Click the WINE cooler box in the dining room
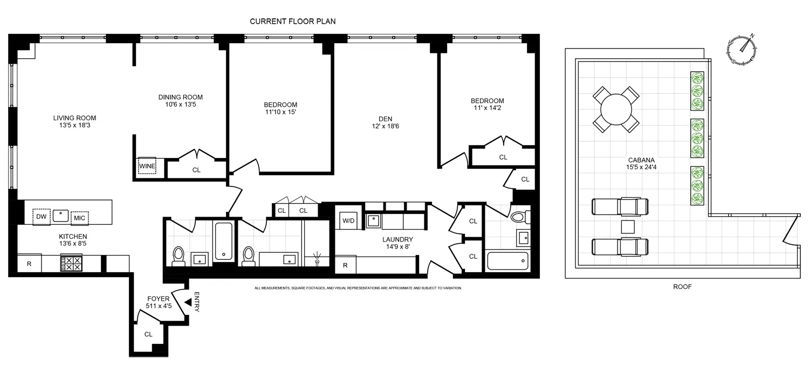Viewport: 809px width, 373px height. [147, 166]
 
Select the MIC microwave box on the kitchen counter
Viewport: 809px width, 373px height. [79, 218]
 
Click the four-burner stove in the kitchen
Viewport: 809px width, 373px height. [71, 263]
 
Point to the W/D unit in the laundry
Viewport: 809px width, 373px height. [346, 220]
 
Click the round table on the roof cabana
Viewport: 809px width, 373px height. [616, 109]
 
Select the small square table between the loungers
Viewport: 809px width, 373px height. [627, 226]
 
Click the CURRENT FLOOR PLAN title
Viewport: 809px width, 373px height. [293, 21]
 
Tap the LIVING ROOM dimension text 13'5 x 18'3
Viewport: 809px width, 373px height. [74, 126]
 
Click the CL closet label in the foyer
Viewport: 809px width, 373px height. [148, 334]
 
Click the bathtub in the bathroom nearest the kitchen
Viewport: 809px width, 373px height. [223, 241]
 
